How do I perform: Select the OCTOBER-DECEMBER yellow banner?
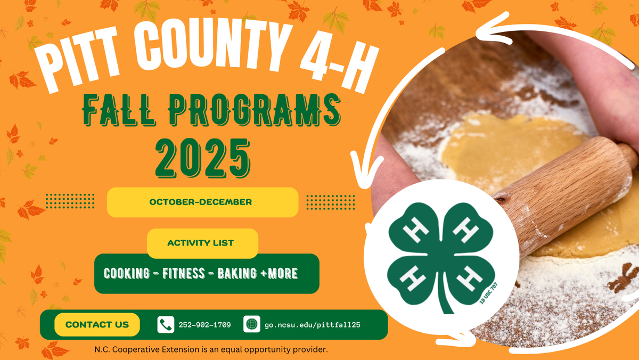point(202,202)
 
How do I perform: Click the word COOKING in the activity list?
point(127,274)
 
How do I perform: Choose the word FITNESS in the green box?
point(183,274)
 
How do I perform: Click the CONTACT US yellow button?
point(97,324)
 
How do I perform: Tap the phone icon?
point(166,324)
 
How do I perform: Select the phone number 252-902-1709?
point(205,324)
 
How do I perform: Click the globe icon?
point(251,324)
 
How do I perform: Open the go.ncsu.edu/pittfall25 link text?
point(313,324)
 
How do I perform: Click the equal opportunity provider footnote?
point(210,350)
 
